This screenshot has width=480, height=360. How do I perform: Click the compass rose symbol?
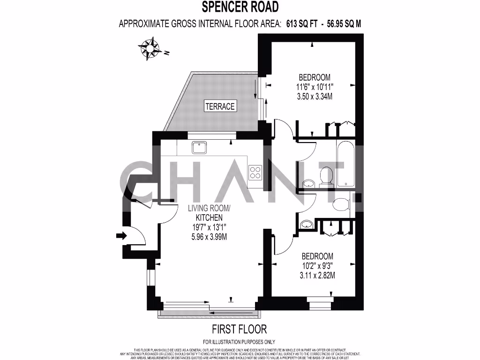pyautogui.click(x=150, y=49)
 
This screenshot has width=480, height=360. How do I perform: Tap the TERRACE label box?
pyautogui.click(x=220, y=106)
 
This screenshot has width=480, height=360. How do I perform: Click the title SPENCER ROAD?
pyautogui.click(x=240, y=7)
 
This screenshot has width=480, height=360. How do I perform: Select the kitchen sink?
pyautogui.click(x=199, y=147)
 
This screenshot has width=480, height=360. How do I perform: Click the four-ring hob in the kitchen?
pyautogui.click(x=255, y=172)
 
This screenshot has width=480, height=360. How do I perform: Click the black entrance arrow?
pyautogui.click(x=121, y=236)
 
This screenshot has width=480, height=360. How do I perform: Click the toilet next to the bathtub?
pyautogui.click(x=325, y=177)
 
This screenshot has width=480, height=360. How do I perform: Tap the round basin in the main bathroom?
pyautogui.click(x=308, y=183)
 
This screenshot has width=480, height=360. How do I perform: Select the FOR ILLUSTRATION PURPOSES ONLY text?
pyautogui.click(x=239, y=342)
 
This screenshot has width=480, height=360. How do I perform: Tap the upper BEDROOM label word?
pyautogui.click(x=314, y=77)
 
